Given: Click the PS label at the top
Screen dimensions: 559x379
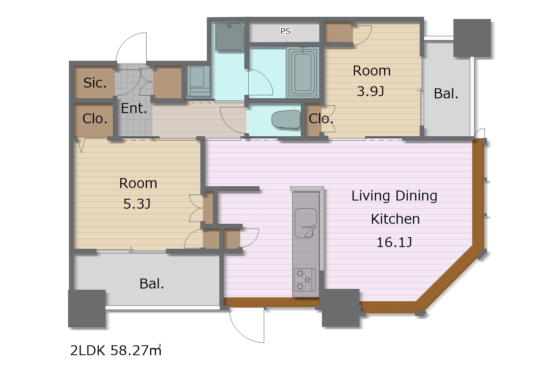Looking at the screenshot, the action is [285, 31].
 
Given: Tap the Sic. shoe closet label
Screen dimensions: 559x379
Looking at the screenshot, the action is [95, 83].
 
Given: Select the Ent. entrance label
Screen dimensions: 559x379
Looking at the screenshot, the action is [134, 108].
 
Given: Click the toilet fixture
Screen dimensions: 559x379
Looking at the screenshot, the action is [286, 119].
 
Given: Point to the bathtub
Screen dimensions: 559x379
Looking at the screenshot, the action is [303, 72].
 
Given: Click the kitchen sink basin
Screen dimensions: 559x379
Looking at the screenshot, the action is [306, 223].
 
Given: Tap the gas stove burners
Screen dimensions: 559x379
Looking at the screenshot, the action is [304, 280].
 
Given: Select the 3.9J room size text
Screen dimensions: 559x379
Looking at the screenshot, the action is [370, 91].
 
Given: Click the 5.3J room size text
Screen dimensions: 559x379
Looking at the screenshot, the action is [137, 204].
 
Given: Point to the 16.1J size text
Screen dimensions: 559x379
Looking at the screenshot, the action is [394, 242].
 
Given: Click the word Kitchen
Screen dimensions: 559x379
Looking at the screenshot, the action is [395, 219].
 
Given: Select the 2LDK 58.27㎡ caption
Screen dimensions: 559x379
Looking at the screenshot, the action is [116, 350].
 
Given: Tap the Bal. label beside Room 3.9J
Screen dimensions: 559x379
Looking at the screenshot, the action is [446, 94].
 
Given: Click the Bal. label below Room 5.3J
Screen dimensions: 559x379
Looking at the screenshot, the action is [152, 284].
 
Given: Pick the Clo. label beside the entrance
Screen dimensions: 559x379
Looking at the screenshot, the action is [95, 119].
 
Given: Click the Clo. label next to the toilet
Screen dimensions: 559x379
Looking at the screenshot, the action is [321, 119].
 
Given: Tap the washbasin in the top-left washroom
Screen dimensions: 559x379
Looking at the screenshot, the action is [229, 37].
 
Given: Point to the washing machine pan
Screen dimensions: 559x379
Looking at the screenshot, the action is [199, 81].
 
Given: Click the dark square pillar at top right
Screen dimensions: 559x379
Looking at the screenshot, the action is [472, 38].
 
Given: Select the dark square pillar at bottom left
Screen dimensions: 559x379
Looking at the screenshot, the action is [87, 308].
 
